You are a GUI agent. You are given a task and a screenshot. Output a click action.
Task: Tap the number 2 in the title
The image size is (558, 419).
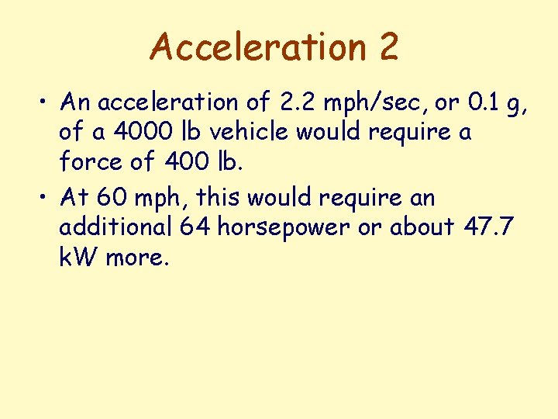pos(389,47)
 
